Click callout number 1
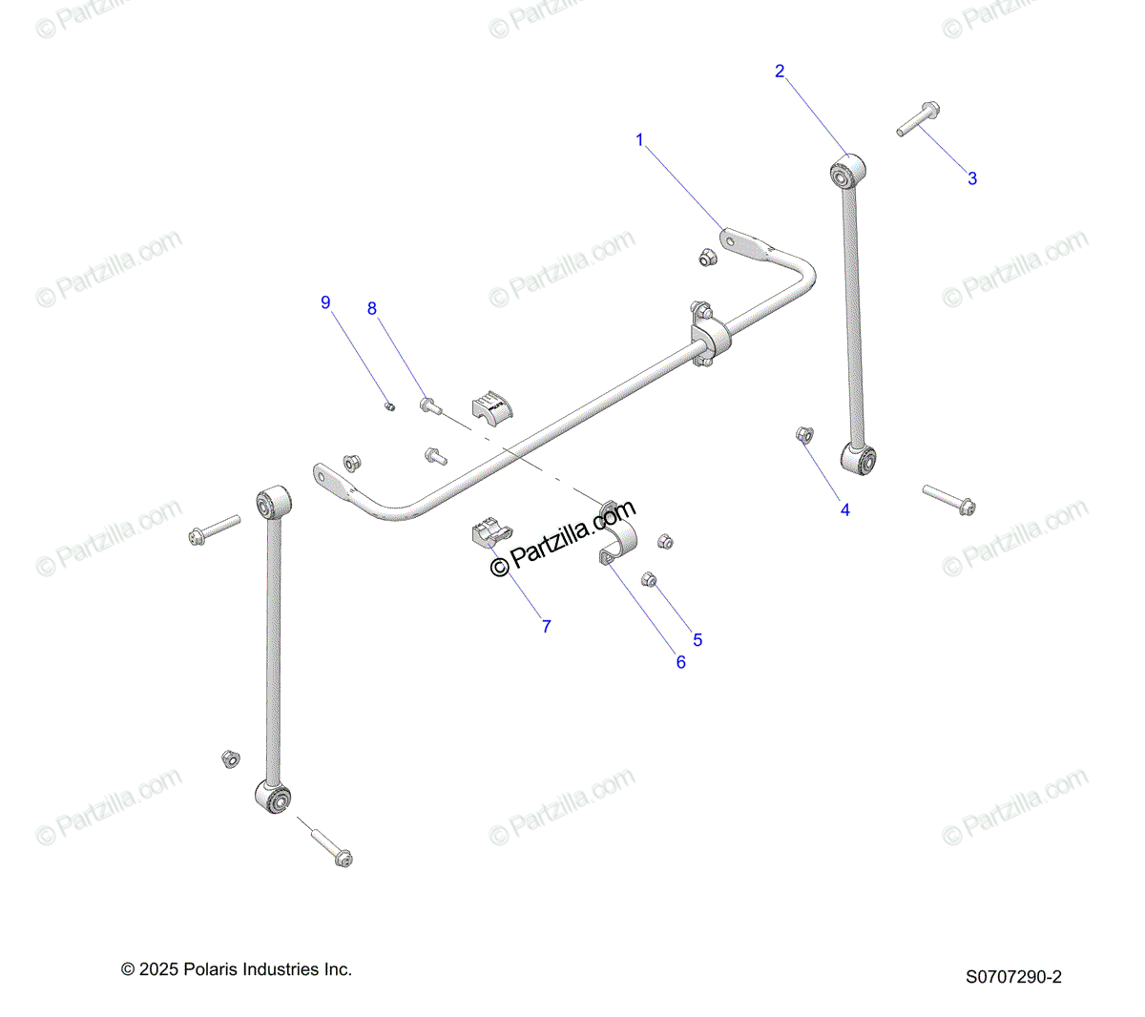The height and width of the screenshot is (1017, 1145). pos(639,140)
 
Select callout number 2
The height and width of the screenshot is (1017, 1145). pos(780,71)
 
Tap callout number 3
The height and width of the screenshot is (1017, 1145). pos(972,178)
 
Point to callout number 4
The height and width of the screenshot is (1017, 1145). pos(844,510)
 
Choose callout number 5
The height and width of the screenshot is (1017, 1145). pos(697,640)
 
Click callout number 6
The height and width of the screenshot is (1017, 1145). pos(680,662)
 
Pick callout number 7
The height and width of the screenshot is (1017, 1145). pos(546,627)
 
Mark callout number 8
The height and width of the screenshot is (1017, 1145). pos(372,308)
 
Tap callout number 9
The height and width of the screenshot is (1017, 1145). pos(325,302)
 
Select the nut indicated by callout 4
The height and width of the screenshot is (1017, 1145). pos(803,435)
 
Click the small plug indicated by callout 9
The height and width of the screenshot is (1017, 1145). pos(389,406)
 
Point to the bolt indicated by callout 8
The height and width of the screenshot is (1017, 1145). pos(429,405)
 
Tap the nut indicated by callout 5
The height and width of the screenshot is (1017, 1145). pos(648,578)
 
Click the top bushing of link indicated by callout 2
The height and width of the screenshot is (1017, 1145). pos(845,173)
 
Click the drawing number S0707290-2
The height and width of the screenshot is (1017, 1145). pos(1013,976)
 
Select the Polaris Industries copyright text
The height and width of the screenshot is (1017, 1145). pos(237,969)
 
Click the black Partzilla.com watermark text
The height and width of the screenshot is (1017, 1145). pos(563,540)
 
